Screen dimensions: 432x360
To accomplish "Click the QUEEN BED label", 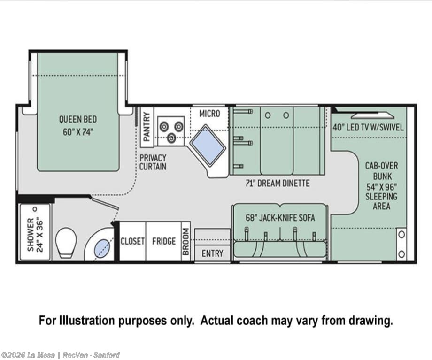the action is click(x=78, y=119).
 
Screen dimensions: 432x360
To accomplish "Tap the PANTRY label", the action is click(x=147, y=127).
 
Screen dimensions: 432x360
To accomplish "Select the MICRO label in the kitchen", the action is click(x=210, y=114).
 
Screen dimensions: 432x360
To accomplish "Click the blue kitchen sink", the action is click(x=208, y=145).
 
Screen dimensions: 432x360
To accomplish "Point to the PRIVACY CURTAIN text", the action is click(x=153, y=162).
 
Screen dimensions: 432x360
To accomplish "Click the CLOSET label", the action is click(x=132, y=241).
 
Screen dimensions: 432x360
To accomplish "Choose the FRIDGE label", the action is click(x=164, y=241).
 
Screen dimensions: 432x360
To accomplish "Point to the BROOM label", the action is click(x=186, y=242).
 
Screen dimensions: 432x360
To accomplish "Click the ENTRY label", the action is click(x=212, y=253).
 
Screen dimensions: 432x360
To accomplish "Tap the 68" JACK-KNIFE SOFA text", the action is click(x=280, y=218).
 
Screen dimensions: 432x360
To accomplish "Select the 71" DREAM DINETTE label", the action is click(x=278, y=183).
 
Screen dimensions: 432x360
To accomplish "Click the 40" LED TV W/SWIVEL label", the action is click(x=368, y=127).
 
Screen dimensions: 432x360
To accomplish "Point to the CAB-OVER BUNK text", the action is click(x=382, y=171).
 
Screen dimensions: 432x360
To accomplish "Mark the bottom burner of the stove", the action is click(x=171, y=137).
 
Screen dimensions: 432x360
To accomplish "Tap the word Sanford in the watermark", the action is click(x=106, y=355).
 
